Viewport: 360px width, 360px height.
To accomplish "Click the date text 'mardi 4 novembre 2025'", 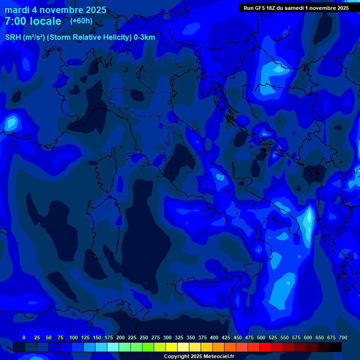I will [55, 10].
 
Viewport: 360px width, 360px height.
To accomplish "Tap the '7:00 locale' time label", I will [33, 21].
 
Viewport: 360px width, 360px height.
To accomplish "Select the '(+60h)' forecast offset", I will [81, 21].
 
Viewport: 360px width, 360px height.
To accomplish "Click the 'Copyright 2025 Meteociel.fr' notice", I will [198, 357].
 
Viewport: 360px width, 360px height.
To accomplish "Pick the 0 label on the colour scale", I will [24, 337].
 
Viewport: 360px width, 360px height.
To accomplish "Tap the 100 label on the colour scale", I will [74, 337].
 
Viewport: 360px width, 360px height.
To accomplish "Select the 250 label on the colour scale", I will [144, 337].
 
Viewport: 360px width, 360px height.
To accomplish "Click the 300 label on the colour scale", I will [167, 337].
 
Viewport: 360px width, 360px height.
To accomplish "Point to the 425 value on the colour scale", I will [226, 337].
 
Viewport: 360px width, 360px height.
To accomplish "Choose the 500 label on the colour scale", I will [261, 337].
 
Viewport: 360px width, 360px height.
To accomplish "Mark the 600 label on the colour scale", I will [308, 337].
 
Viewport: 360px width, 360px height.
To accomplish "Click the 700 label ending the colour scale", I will [343, 337].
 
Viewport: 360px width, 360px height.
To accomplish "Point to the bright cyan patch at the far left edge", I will [10, 123].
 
